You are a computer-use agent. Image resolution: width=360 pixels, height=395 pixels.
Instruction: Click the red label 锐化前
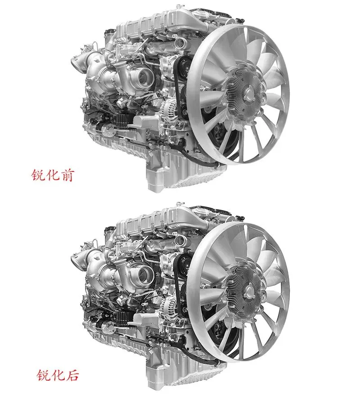pyautogui.click(x=53, y=175)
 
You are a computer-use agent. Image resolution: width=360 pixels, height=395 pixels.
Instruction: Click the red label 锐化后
pyautogui.click(x=58, y=375)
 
